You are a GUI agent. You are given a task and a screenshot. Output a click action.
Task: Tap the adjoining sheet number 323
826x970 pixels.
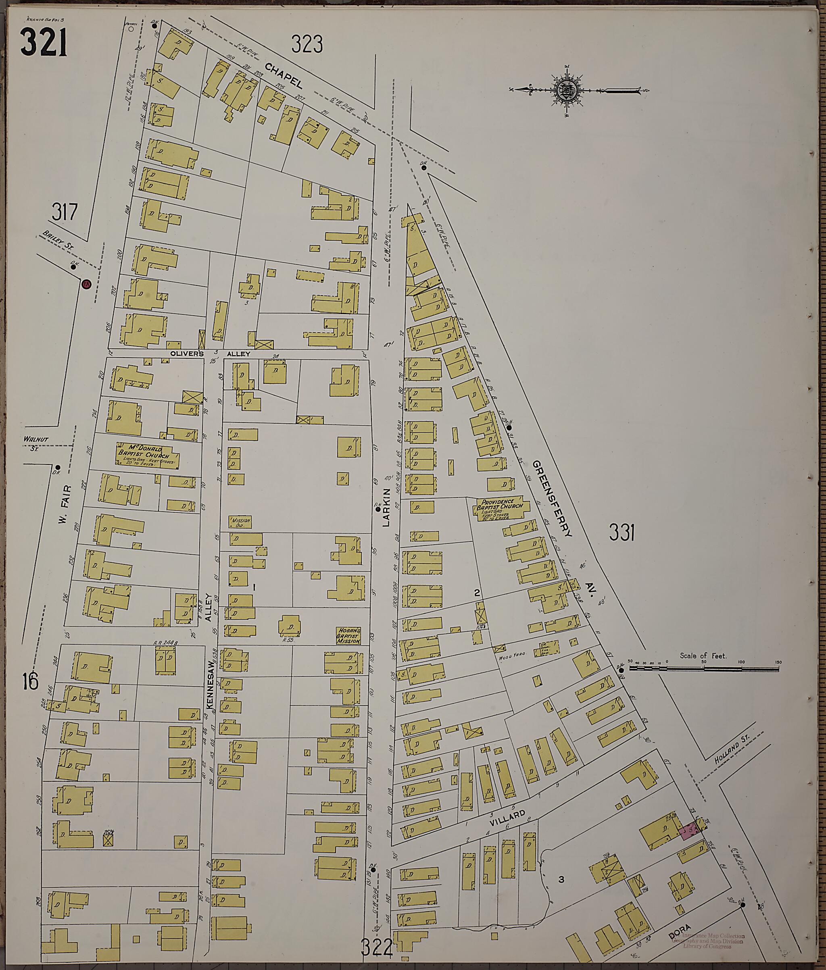coord(307,44)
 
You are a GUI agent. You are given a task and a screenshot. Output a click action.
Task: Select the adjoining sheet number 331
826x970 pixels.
coord(622,532)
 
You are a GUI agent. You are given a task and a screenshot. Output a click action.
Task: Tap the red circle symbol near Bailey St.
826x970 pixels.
coord(86,284)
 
